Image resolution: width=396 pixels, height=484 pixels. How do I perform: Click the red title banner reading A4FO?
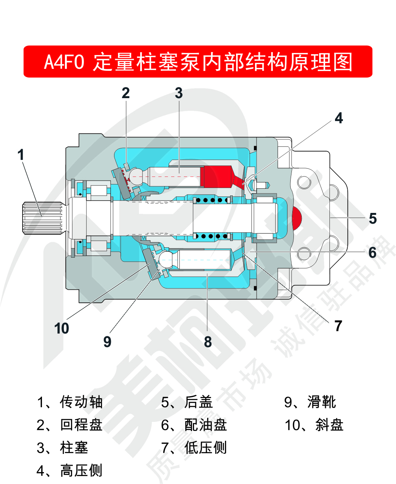coord(198,62)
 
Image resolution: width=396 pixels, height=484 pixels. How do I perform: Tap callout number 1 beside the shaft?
coord(21,154)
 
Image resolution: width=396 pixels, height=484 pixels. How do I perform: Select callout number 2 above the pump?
coord(126,93)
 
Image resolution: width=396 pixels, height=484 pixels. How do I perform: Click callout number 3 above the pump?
coord(179,93)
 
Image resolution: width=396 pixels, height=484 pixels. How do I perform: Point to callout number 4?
coord(339,118)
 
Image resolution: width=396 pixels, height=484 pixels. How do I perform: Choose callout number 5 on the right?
coord(373,218)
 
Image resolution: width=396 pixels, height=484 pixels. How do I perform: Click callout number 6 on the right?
coord(372,252)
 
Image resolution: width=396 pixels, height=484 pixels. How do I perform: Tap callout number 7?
coord(338,326)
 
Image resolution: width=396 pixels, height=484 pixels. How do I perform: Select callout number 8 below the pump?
coord(208,342)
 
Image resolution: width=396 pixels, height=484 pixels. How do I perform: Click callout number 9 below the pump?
coord(107,342)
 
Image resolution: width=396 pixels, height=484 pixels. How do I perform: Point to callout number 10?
coord(62,328)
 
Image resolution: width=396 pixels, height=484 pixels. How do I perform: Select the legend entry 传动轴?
coord(70,402)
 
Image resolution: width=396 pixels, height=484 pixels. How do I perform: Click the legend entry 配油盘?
coord(194,425)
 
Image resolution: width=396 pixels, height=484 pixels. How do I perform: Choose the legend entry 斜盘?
coord(314,425)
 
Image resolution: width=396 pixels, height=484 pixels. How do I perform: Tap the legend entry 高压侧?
coord(70,471)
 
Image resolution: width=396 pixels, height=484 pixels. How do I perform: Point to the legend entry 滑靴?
coord(310,402)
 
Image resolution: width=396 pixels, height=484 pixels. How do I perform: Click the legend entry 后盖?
coord(187,402)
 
